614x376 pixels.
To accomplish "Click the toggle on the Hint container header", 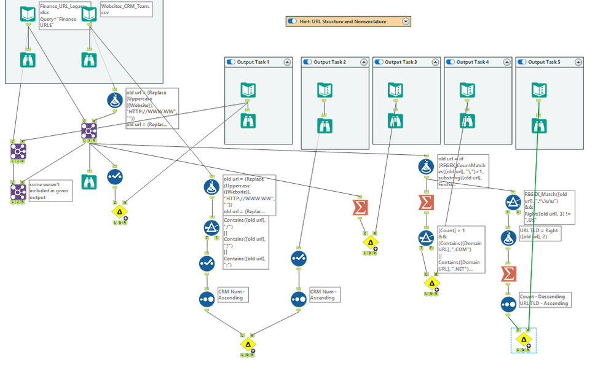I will click(x=293, y=21).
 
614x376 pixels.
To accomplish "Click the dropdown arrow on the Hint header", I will click(x=406, y=21).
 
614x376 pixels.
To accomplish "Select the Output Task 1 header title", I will click(x=253, y=62).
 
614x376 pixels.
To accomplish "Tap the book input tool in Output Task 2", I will click(x=326, y=90).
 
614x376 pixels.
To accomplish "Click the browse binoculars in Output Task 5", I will click(x=539, y=126).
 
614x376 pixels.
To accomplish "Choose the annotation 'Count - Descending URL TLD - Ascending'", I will click(x=544, y=299).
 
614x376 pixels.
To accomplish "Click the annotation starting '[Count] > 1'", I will click(x=461, y=249).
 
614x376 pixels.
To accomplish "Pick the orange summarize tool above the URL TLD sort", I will click(x=509, y=273).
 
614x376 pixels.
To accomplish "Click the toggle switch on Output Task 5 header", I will click(x=522, y=62).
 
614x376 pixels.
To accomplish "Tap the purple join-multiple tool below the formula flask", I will click(x=89, y=130).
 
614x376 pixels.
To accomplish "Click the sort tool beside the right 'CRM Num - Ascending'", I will click(x=299, y=299).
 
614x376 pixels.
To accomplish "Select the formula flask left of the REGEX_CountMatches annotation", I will click(x=425, y=166).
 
